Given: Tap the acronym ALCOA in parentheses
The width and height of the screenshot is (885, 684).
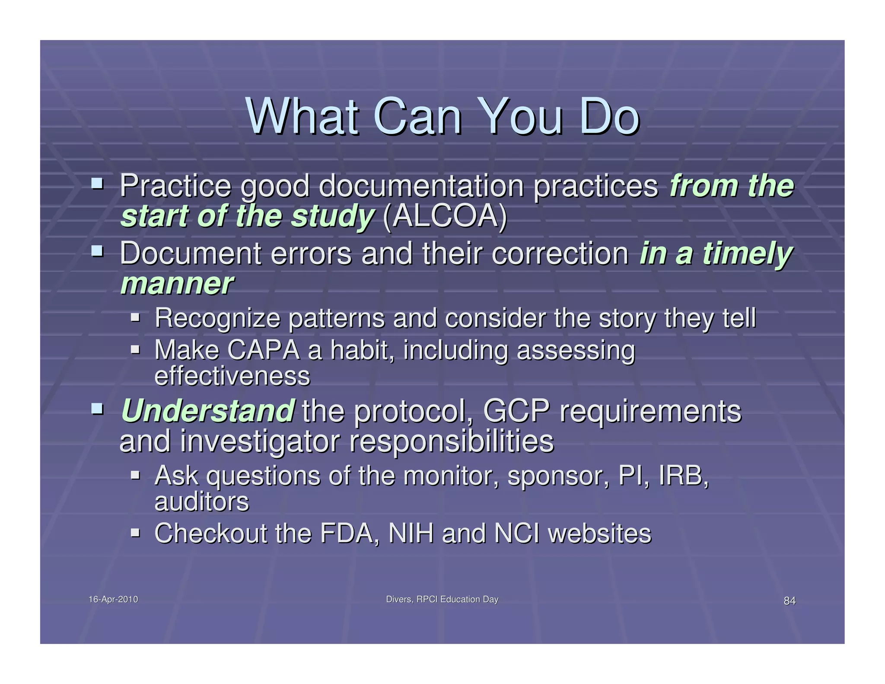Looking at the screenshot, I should tap(445, 216).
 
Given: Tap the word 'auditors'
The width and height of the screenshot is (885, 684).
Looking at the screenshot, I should tap(201, 502).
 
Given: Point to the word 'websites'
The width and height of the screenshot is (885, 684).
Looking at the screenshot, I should tap(599, 533).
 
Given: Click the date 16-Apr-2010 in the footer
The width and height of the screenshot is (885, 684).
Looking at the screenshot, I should tap(113, 599).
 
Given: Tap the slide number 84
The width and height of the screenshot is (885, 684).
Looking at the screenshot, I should tap(789, 601).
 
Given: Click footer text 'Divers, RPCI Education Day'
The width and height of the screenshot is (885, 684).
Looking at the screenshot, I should tap(442, 599).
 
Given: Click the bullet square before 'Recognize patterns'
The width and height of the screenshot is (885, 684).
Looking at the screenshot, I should tap(135, 318).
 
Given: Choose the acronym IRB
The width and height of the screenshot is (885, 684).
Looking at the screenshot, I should tap(683, 476).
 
